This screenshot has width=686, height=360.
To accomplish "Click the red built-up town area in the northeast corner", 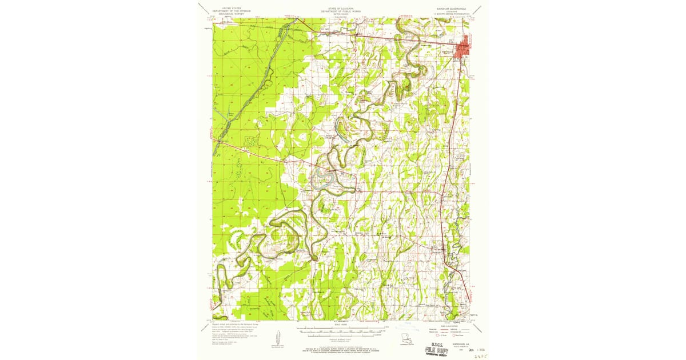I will tap(465, 47).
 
